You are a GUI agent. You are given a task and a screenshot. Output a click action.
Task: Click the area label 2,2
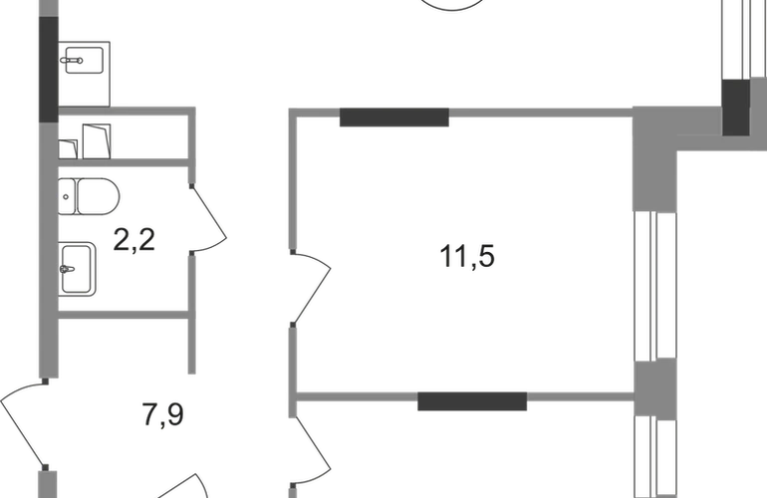click(134, 240)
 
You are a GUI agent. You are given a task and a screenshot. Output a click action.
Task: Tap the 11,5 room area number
click(467, 256)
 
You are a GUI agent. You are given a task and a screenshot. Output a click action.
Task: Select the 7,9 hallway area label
click(163, 414)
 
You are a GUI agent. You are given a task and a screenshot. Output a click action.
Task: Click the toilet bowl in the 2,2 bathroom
click(98, 196)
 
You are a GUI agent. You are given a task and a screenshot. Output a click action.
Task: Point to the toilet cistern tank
click(67, 196)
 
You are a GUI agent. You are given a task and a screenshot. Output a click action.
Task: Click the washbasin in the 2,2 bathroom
click(77, 269)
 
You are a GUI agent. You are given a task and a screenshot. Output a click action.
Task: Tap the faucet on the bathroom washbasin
click(67, 269)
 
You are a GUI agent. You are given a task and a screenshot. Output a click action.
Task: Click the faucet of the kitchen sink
click(72, 61)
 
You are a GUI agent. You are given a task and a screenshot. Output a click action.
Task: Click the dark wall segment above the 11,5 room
click(394, 118)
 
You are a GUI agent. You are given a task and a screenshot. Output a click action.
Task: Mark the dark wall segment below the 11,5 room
click(472, 401)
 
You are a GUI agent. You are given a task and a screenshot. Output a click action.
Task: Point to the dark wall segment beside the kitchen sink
click(49, 70)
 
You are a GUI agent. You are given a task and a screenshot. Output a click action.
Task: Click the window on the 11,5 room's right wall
click(655, 286)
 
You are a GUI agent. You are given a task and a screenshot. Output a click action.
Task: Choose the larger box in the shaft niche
click(97, 141)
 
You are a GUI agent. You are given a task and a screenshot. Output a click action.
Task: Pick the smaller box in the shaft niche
click(68, 149)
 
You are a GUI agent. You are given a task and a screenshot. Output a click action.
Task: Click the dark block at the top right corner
click(736, 108)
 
